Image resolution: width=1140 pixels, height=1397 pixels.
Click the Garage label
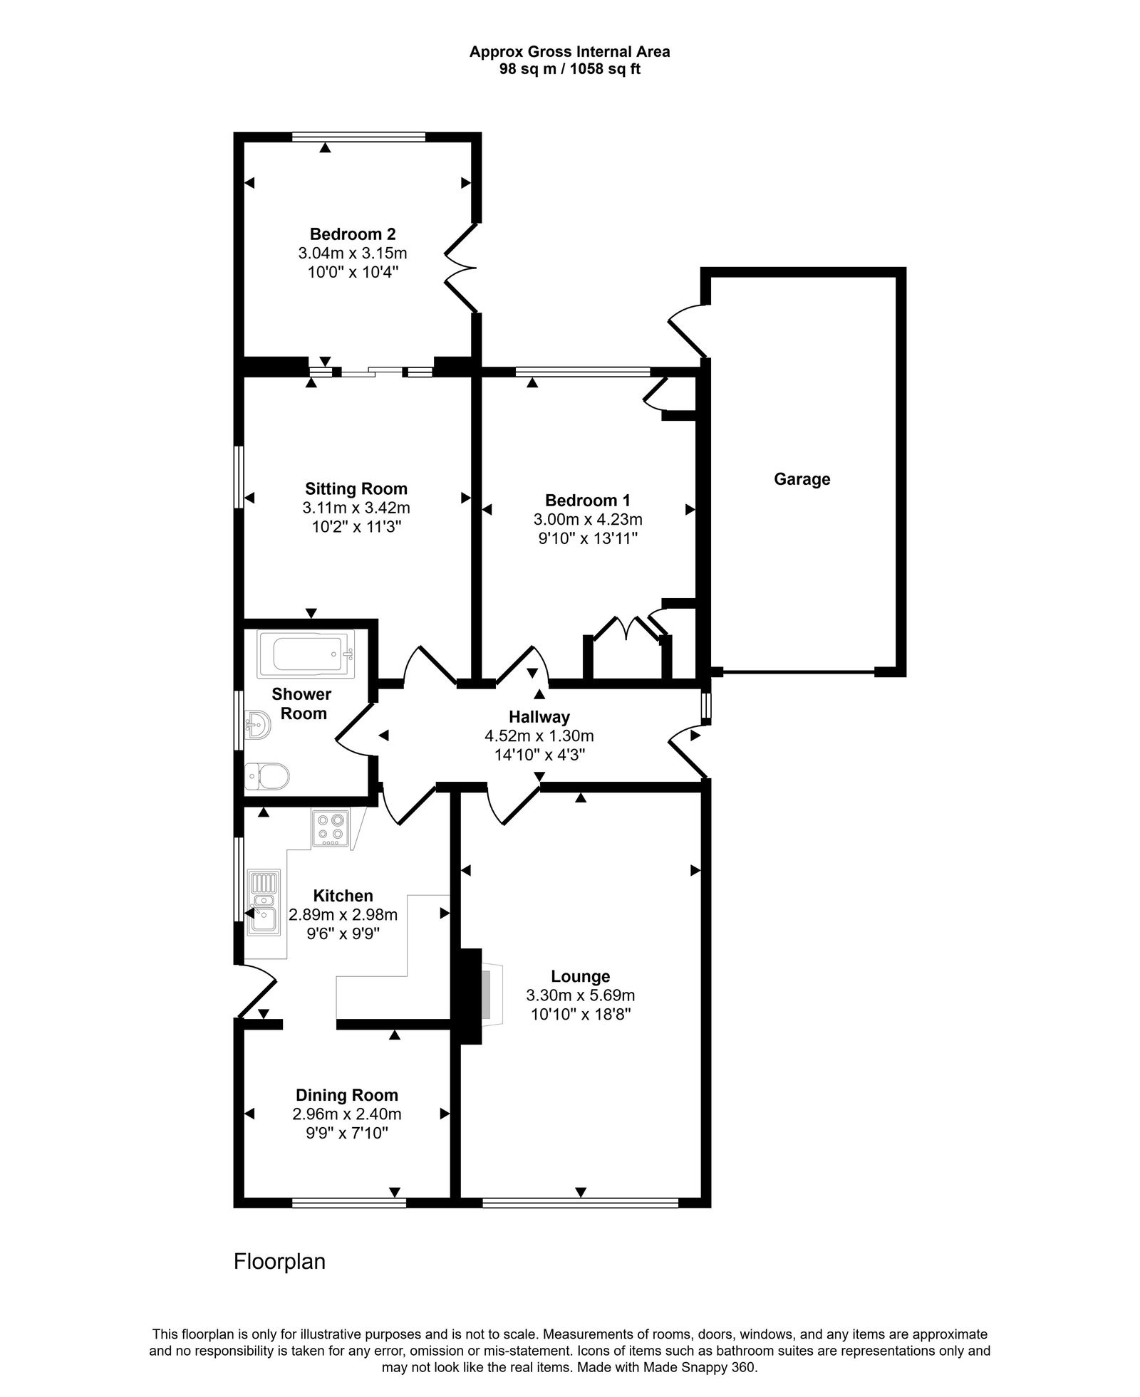802,479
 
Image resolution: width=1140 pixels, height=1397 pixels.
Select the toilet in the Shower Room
268,776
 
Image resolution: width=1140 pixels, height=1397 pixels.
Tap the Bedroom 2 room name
353,234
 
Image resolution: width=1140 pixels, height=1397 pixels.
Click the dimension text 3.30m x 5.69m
580,995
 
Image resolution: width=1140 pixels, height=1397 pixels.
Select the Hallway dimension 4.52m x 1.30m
539,736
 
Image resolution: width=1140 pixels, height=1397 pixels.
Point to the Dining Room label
347,1095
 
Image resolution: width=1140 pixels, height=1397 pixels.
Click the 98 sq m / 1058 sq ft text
569,70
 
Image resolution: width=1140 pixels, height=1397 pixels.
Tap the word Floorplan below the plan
279,1262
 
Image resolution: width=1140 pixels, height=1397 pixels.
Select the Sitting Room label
356,489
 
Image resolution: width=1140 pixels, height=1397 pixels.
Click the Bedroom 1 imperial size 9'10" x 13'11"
587,538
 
